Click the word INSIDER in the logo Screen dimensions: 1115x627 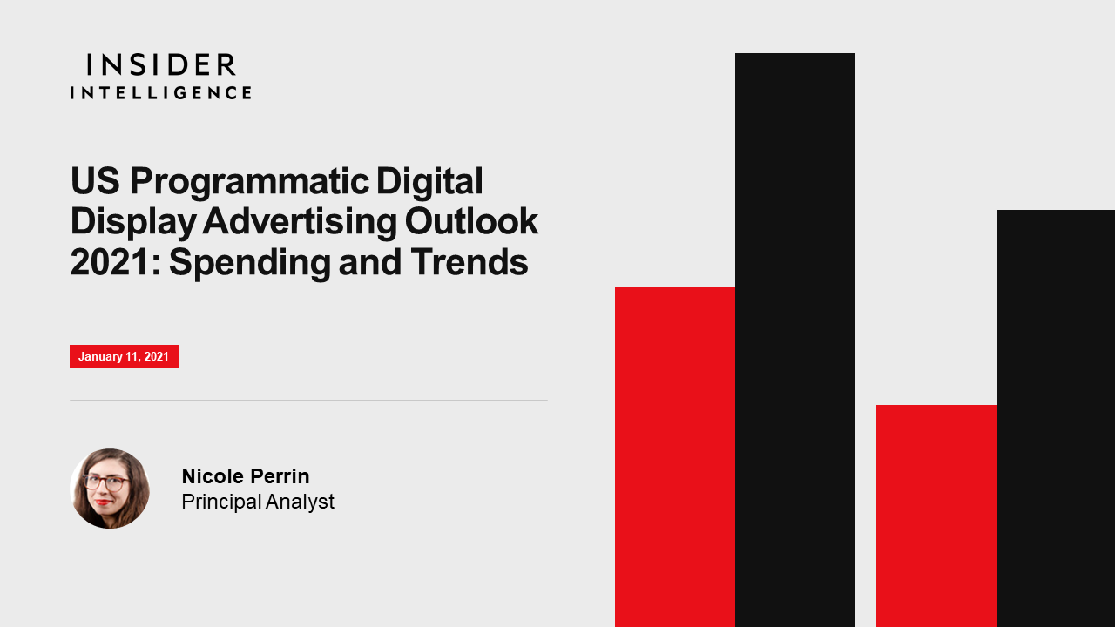pos(161,64)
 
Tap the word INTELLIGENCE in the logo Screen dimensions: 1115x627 pos(161,92)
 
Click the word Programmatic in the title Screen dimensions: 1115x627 pos(249,183)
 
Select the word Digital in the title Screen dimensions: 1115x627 pos(429,181)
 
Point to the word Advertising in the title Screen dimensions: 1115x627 pos(301,221)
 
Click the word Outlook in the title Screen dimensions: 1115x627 pos(471,221)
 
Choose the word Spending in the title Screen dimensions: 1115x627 pos(250,264)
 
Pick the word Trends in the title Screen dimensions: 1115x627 pos(469,262)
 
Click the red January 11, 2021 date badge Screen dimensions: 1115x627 pos(125,356)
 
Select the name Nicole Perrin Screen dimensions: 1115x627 pos(246,476)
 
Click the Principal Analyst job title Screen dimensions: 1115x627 pos(258,502)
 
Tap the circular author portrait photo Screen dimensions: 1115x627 pos(110,489)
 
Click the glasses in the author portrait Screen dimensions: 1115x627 pos(105,482)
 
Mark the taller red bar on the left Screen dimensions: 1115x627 pos(675,457)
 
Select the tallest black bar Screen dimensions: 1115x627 pos(795,340)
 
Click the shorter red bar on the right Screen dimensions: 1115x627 pos(936,516)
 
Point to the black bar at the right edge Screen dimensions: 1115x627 pos(1056,419)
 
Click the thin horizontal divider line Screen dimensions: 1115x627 pos(308,400)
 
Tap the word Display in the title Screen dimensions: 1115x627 pos(133,222)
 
